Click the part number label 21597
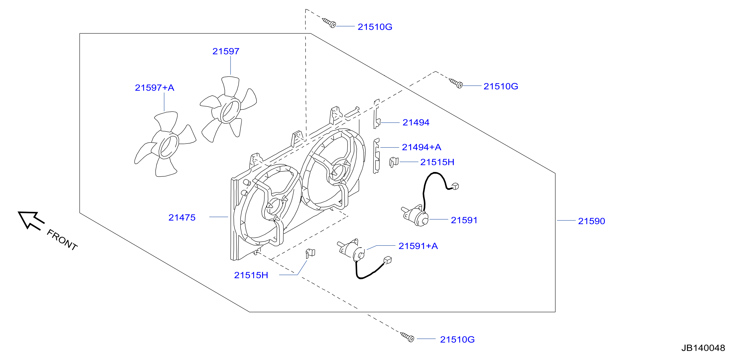tap(226, 51)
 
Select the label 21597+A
tap(154, 88)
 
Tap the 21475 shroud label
tap(182, 217)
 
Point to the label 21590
tap(591, 221)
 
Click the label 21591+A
tap(418, 246)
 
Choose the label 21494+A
tap(421, 147)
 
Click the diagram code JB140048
tap(703, 348)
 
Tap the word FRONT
tap(62, 240)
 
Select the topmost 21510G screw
tap(329, 23)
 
